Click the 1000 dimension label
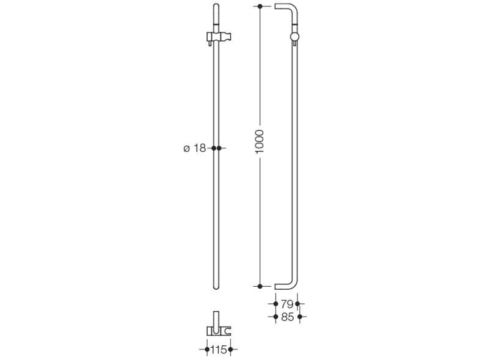pos(260,142)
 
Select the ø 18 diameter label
pos(194,148)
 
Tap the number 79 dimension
pos(287,304)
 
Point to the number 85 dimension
pos(288,317)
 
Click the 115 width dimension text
pos(219,350)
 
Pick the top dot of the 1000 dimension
pos(260,6)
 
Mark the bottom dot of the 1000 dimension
pos(260,286)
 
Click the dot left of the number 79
pos(275,304)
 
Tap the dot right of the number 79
pos(297,304)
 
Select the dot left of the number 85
pos(275,317)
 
